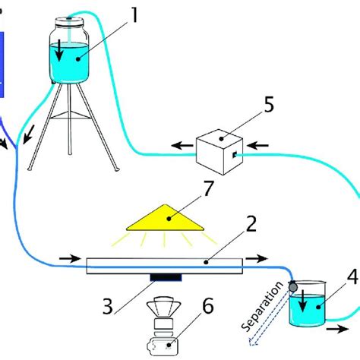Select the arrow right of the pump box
(x=257, y=142)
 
